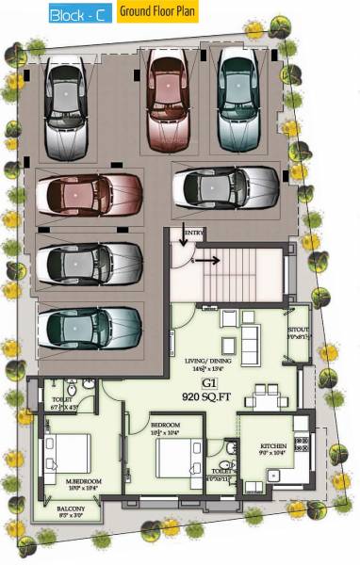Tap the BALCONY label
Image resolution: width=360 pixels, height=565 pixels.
coord(66,509)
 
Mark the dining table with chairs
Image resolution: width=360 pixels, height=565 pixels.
coord(270,394)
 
